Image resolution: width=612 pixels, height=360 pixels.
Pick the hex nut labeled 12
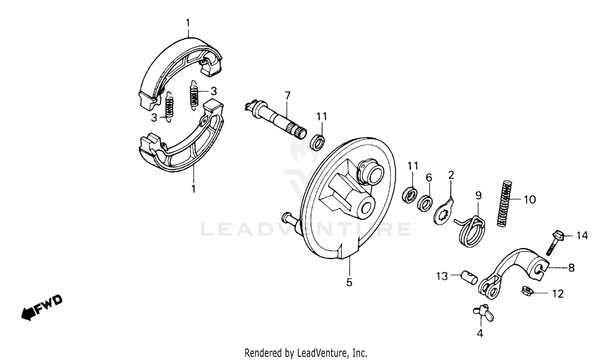point(527,291)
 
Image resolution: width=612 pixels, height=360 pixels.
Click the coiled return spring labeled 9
point(471,231)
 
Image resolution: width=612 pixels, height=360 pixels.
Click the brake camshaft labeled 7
point(277,119)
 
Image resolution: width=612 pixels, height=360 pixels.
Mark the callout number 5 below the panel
point(349,282)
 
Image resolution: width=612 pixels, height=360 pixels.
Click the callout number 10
point(530,200)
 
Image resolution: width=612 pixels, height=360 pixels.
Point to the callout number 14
point(582,236)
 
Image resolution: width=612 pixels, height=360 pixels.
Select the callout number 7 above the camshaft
point(288,96)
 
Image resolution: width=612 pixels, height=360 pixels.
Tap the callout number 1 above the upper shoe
point(188,23)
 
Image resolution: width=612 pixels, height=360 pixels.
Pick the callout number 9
point(478,196)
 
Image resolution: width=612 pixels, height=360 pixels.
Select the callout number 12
point(558,294)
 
